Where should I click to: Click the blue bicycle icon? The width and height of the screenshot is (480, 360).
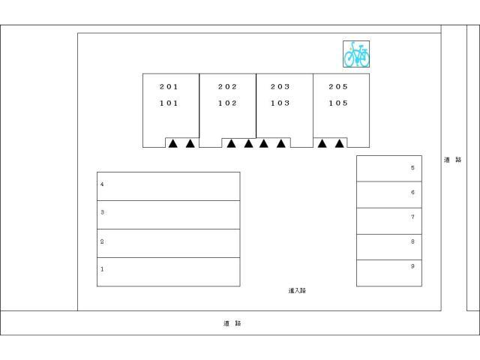(357, 54)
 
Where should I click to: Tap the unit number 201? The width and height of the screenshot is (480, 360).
(169, 87)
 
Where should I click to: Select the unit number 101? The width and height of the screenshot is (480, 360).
(169, 103)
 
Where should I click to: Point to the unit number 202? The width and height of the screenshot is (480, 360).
(227, 87)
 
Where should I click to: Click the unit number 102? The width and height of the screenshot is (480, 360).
(227, 103)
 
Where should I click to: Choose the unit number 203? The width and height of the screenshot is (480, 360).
(280, 87)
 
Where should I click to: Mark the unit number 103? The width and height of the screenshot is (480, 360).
(280, 103)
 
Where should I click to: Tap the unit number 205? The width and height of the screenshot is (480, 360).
(338, 87)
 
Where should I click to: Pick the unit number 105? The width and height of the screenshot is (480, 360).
(338, 103)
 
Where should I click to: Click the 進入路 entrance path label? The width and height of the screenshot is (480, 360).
(297, 290)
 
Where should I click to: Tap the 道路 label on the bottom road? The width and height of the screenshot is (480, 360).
(232, 323)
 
